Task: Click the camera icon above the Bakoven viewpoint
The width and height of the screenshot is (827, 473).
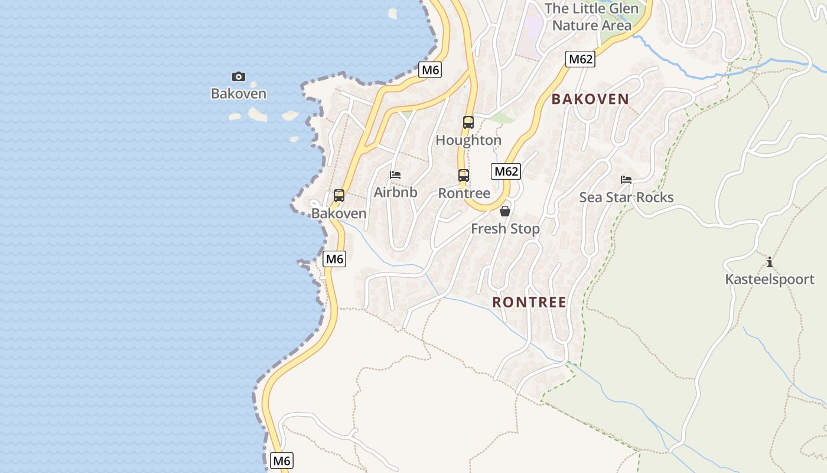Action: coord(239,76)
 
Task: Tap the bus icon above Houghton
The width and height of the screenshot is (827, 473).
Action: coord(468,122)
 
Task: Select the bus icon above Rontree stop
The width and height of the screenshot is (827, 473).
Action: coord(464,176)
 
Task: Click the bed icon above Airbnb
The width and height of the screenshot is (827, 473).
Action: coord(395,175)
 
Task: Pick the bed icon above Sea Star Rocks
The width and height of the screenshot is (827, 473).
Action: coord(626,180)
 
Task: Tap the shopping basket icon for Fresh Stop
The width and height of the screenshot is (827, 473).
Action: coord(505,211)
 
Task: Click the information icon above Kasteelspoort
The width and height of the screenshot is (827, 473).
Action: coord(769,262)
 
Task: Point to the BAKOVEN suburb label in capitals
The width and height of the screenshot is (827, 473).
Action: coord(590,99)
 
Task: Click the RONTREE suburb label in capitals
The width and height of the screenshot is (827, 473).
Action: coord(529,302)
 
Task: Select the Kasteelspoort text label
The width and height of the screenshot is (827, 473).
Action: coord(770,279)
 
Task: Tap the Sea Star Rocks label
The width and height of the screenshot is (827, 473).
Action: coord(626,197)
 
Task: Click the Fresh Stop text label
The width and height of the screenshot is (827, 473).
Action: coord(505,229)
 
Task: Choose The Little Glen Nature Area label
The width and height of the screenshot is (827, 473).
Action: coord(591,17)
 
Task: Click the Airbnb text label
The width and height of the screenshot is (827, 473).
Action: coord(395,192)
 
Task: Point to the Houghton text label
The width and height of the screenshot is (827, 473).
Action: coord(468,140)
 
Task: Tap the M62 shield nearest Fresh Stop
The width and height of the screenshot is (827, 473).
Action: coord(506,171)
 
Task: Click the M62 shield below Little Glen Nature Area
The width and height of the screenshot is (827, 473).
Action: coord(580,59)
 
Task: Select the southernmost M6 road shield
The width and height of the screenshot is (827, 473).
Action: coord(282,461)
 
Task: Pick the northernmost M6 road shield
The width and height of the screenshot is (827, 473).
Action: coord(430,70)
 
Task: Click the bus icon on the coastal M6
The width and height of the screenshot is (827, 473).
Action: coord(339,196)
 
